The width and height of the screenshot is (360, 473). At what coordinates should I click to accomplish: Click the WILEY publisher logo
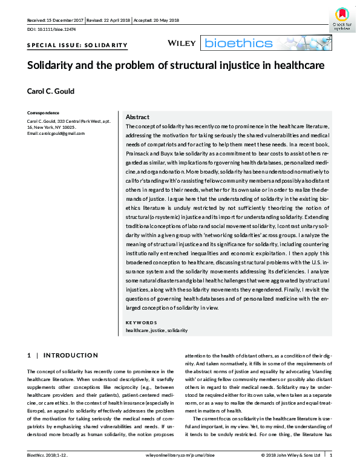(x=183, y=42)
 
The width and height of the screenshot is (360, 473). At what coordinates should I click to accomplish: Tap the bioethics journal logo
(x=237, y=43)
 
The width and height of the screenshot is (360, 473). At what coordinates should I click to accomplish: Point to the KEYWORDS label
(x=142, y=322)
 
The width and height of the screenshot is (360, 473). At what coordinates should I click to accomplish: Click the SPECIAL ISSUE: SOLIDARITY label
(x=77, y=45)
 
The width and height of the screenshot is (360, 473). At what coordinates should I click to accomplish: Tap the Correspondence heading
(x=44, y=113)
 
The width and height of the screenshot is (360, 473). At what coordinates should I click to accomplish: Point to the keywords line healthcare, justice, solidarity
(x=156, y=330)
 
